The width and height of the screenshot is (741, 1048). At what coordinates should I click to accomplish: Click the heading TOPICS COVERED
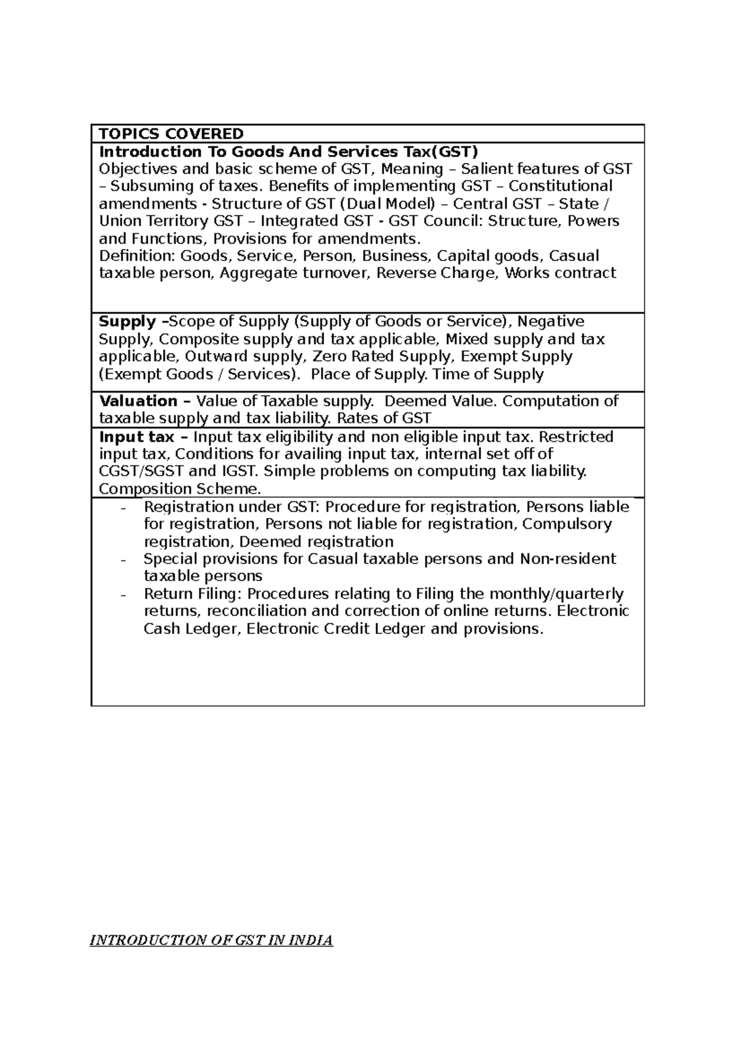172,134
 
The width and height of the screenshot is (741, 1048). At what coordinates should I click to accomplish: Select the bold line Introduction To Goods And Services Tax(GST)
289,152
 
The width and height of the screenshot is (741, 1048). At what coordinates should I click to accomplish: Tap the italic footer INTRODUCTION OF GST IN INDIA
211,941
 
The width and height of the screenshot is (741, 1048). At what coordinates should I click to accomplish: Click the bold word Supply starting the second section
128,322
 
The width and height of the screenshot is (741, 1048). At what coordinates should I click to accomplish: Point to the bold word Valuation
138,401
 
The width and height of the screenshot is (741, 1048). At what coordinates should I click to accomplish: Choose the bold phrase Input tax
136,437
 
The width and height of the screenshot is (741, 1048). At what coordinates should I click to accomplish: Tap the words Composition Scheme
180,489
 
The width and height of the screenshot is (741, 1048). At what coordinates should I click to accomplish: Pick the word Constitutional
561,186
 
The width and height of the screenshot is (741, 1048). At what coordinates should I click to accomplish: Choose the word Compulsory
566,525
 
